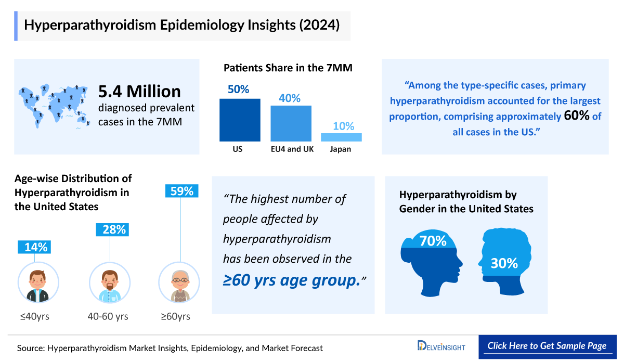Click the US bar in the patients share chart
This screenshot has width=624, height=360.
coord(240,120)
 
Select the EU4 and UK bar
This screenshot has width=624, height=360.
coord(291,123)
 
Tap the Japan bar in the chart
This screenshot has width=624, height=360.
coord(341,137)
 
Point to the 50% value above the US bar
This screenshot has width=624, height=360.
coord(238,89)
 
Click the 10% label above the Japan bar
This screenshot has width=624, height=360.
coord(343,126)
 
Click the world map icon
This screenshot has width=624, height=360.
coord(53,106)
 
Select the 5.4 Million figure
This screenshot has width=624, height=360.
coord(139,92)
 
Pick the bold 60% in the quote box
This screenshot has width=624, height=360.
coord(576,116)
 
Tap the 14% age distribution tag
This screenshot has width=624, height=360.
coord(36,247)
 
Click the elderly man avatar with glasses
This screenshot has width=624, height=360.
coord(179,283)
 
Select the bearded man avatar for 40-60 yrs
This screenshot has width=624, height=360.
coord(110,283)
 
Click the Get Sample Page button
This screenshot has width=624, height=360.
coord(547,346)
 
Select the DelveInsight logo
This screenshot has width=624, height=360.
coord(441,346)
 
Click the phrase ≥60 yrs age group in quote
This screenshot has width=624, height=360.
coord(291,280)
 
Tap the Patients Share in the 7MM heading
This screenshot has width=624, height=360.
coord(289,68)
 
